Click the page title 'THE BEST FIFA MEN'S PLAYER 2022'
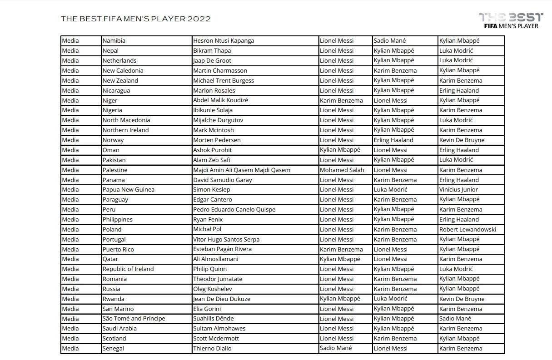click(x=136, y=19)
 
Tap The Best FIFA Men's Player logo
click(x=511, y=20)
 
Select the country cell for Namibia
click(x=114, y=41)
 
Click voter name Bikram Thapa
click(x=212, y=51)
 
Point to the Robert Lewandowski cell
click(x=467, y=230)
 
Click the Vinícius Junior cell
click(x=458, y=190)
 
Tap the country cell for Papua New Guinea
click(x=129, y=190)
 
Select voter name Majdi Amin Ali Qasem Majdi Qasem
click(x=242, y=170)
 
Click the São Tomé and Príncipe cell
click(x=134, y=319)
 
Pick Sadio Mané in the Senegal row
click(x=336, y=349)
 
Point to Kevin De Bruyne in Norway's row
click(x=462, y=140)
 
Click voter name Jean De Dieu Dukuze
click(x=222, y=299)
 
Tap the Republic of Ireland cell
click(x=128, y=269)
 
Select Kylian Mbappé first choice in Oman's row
click(x=340, y=150)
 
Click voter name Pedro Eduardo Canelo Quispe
click(x=234, y=210)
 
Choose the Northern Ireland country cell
click(x=125, y=130)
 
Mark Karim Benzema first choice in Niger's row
click(x=341, y=101)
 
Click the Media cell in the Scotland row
click(x=70, y=339)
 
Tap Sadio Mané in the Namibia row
click(x=390, y=41)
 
